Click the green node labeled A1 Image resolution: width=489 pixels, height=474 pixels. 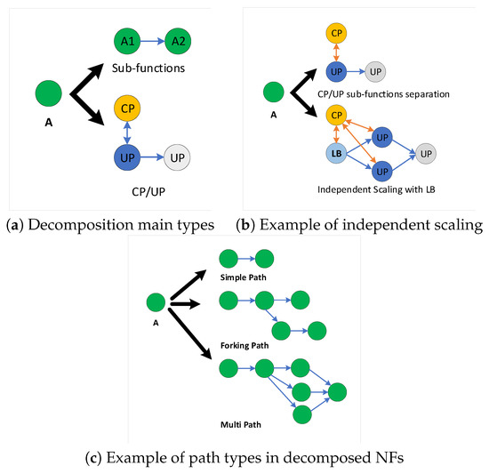[127, 41]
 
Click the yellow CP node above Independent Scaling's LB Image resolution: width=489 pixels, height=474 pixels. [337, 115]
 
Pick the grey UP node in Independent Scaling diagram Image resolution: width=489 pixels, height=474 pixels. [428, 154]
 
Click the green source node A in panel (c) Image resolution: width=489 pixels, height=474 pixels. [156, 303]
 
